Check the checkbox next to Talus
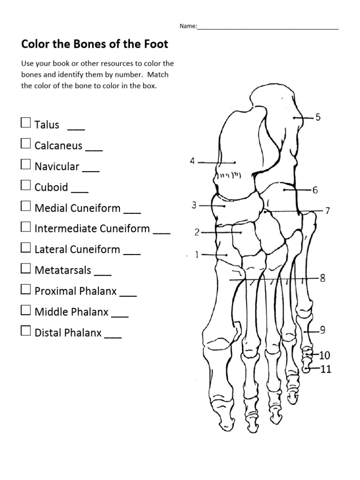tap(25, 123)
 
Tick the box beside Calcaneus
tap(25, 144)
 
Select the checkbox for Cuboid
tap(25, 186)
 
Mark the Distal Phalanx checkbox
tap(25, 331)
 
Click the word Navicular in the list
tap(57, 166)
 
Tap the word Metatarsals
tap(63, 270)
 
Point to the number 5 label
tap(318, 117)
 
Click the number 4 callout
tap(192, 161)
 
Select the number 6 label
tap(315, 190)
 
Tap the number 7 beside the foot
tap(328, 211)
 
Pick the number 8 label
tap(322, 278)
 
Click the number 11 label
tap(325, 369)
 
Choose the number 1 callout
tap(197, 255)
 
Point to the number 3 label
tap(194, 205)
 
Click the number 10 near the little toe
tap(325, 355)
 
